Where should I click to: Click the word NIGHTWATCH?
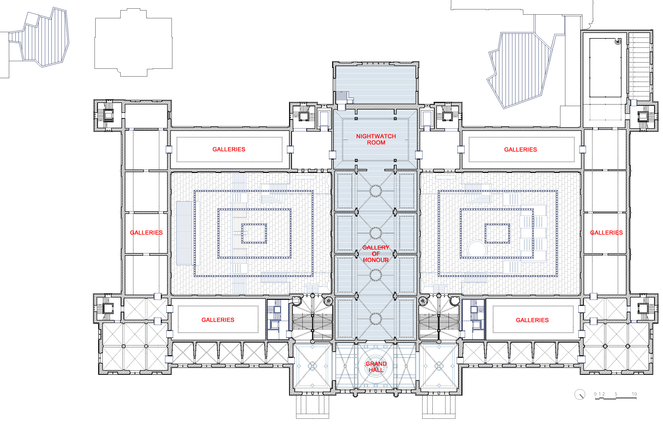click(x=376, y=136)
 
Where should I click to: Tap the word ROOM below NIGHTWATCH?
click(x=376, y=143)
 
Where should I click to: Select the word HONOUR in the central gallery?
click(x=375, y=260)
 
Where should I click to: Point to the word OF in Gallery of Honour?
click(x=375, y=254)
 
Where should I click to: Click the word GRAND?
click(x=376, y=364)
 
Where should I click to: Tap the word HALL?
click(x=376, y=370)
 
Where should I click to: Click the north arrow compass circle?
click(x=580, y=394)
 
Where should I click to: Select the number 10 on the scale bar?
click(x=634, y=394)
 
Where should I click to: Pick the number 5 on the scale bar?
click(x=616, y=394)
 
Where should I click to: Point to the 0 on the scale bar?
click(x=595, y=394)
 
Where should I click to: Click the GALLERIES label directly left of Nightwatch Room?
click(x=229, y=149)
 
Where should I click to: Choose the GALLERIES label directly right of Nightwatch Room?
click(x=520, y=150)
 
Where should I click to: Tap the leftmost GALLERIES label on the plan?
click(x=146, y=233)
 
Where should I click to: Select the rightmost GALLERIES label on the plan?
click(x=606, y=233)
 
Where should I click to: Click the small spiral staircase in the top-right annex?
click(x=618, y=42)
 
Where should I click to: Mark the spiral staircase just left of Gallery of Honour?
click(x=328, y=301)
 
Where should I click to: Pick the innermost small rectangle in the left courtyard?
click(x=254, y=234)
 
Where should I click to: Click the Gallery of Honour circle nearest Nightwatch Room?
click(x=375, y=191)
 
